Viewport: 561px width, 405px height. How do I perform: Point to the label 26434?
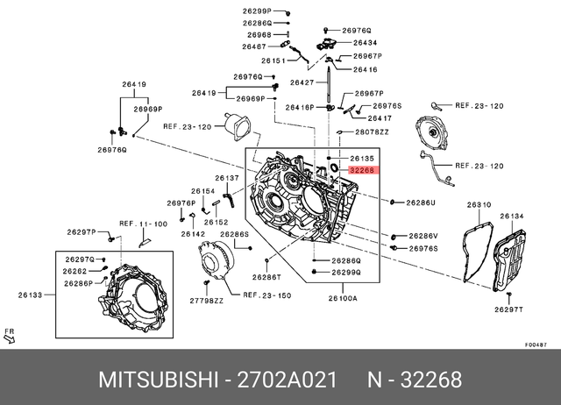[x=366, y=42]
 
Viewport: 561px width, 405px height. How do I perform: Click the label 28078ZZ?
[x=372, y=131]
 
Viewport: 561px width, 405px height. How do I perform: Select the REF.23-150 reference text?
[x=266, y=296]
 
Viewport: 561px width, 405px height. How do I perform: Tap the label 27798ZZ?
[x=208, y=300]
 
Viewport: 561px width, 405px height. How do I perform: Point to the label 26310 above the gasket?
[x=479, y=205]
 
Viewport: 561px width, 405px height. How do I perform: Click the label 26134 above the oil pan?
[x=512, y=216]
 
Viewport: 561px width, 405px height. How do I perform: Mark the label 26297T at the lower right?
[x=508, y=309]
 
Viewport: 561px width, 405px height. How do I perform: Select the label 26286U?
[x=420, y=202]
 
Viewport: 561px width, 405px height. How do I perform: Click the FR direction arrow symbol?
[x=11, y=335]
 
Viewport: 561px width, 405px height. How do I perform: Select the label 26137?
[x=227, y=177]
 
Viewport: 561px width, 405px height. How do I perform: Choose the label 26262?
[x=75, y=272]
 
